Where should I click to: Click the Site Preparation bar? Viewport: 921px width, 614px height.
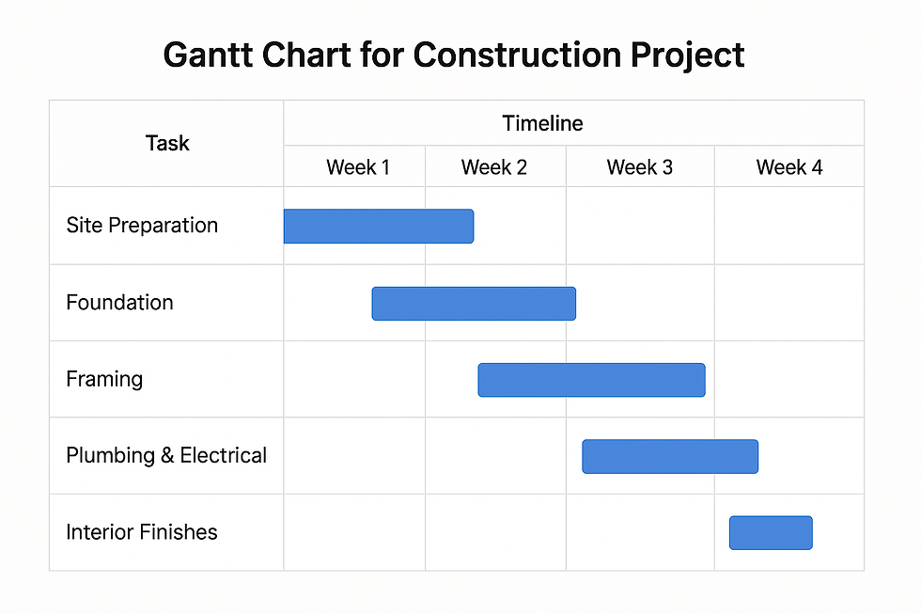point(378,227)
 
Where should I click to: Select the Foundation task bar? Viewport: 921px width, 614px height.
point(474,304)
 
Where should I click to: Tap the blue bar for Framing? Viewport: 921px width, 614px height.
point(591,380)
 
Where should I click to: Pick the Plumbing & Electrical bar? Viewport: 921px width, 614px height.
point(670,456)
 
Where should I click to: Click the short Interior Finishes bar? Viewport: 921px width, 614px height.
point(771,532)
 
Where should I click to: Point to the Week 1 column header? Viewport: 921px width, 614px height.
point(358,167)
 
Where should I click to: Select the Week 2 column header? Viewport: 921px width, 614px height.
point(494,167)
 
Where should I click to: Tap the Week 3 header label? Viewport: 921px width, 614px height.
point(640,167)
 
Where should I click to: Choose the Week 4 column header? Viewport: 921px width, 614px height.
point(789,167)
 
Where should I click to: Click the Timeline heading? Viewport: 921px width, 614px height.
point(542,123)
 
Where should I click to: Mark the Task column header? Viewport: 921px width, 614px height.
point(167,143)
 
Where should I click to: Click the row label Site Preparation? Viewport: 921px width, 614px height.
point(142,226)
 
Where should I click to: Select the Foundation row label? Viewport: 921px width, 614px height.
point(119,303)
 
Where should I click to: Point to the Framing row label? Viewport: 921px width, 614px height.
point(104,380)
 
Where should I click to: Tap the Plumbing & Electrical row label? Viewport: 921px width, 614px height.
point(166,456)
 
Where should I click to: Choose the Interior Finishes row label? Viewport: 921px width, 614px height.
point(142,532)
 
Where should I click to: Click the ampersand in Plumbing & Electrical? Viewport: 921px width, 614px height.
point(167,456)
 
